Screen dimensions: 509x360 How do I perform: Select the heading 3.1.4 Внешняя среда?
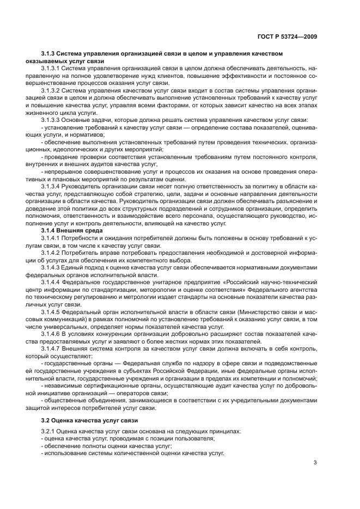click(x=68, y=231)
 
